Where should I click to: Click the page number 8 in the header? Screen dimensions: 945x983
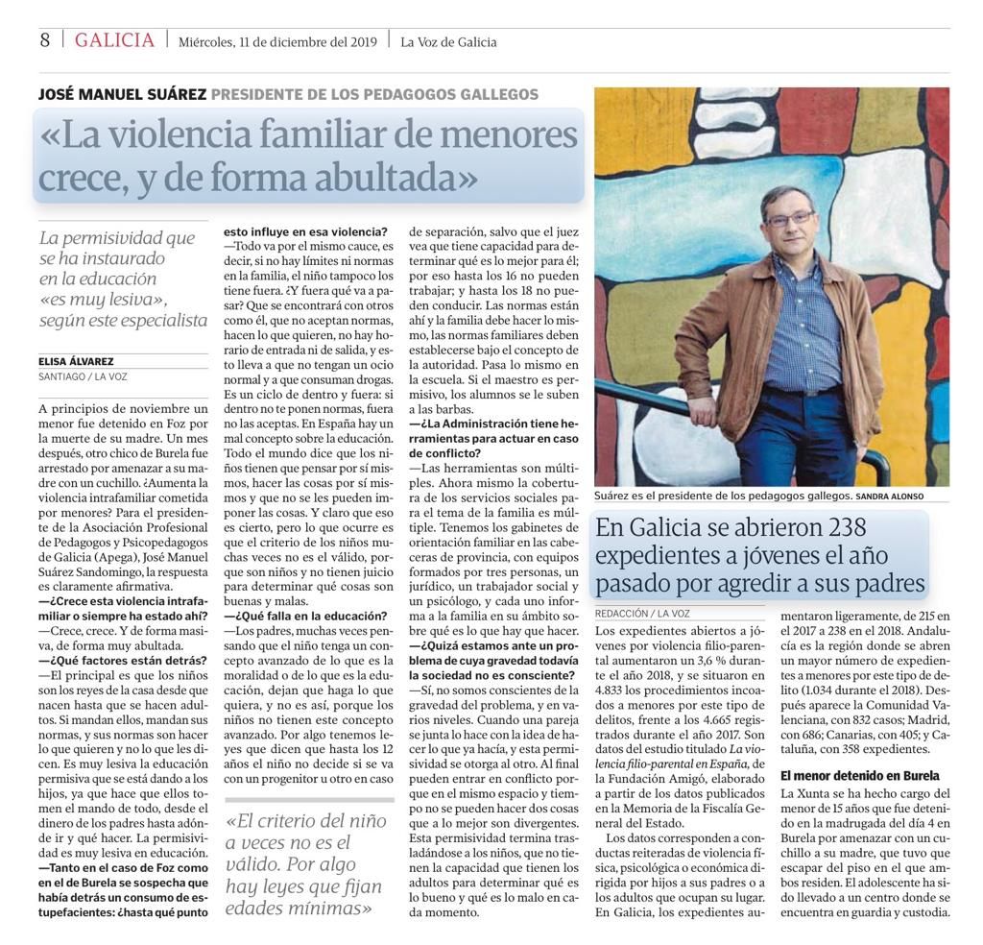pyautogui.click(x=44, y=40)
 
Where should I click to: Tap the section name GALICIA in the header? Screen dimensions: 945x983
pyautogui.click(x=114, y=40)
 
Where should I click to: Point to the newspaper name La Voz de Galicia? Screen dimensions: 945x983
pyautogui.click(x=448, y=41)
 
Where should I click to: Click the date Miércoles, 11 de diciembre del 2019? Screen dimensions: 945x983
pyautogui.click(x=277, y=41)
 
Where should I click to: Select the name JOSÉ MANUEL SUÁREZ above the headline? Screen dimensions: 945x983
pyautogui.click(x=121, y=94)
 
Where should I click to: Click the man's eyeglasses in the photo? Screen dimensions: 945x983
pyautogui.click(x=790, y=219)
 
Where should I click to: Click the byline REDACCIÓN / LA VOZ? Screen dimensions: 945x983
pyautogui.click(x=640, y=612)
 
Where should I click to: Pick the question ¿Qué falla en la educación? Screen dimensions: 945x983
pyautogui.click(x=305, y=616)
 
